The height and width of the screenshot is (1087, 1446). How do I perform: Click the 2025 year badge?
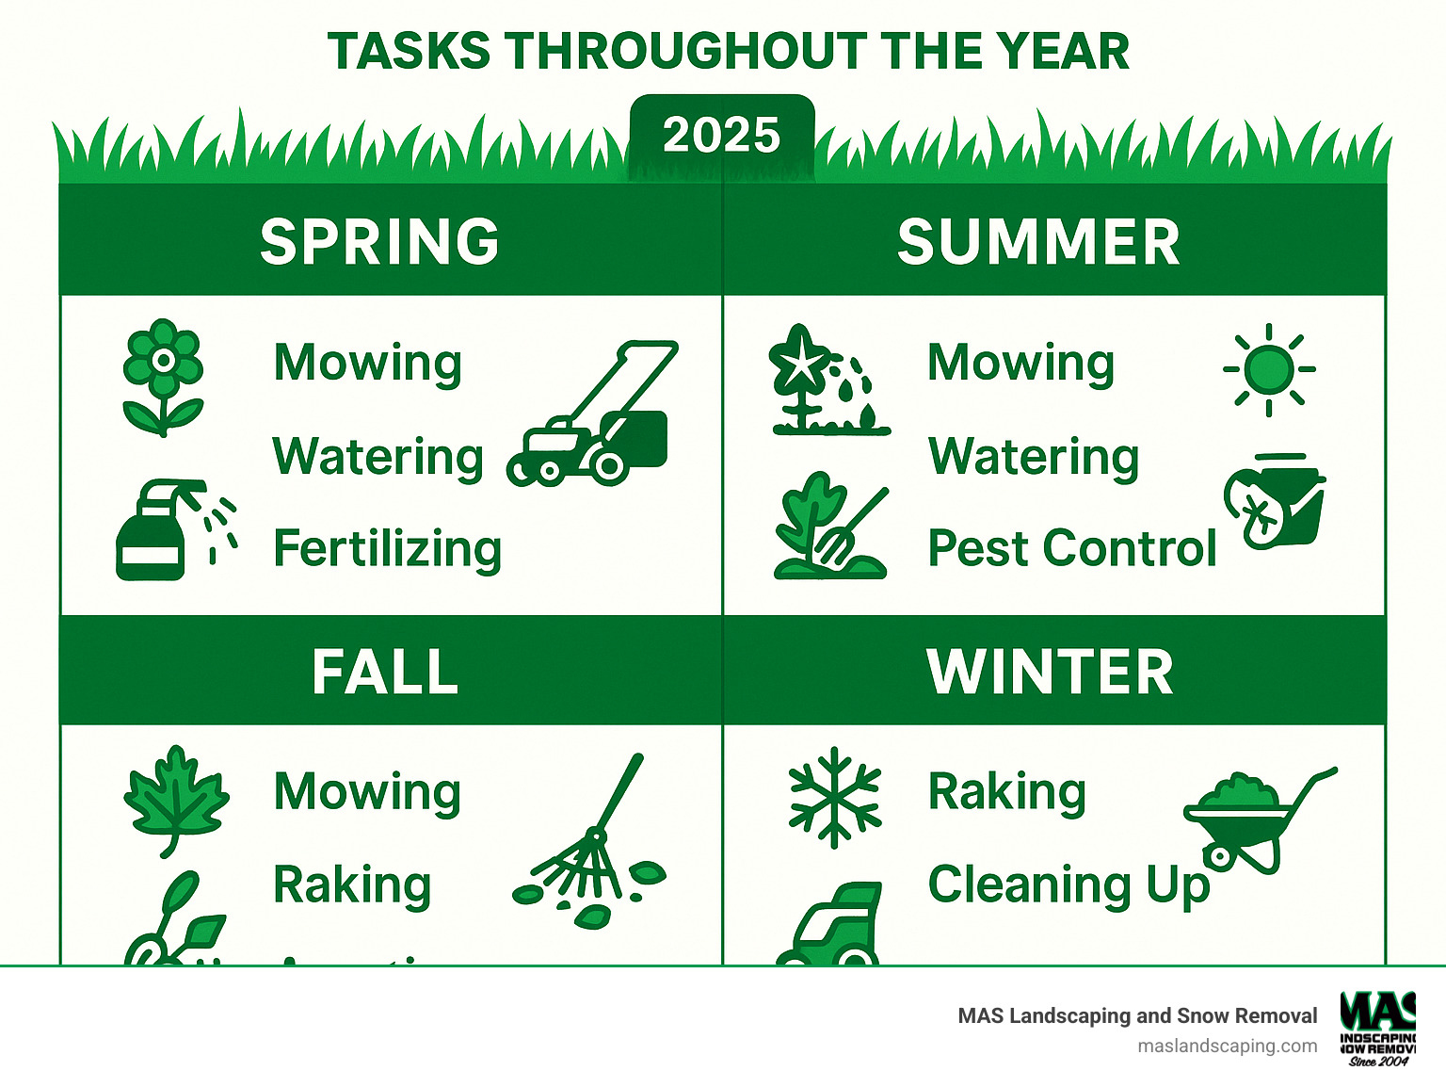(x=721, y=136)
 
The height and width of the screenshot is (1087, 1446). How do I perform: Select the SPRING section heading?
(x=379, y=241)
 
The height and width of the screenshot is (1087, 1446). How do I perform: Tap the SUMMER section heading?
(x=1038, y=241)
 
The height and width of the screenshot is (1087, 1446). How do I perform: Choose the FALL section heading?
(x=385, y=672)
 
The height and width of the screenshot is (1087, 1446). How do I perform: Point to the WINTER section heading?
(x=1050, y=672)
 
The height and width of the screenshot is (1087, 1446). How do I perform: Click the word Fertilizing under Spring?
(x=387, y=549)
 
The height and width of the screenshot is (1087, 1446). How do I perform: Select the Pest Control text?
(x=1071, y=548)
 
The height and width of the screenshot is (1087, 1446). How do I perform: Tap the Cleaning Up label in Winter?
(x=1068, y=885)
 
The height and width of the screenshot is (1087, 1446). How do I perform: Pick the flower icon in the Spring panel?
(x=163, y=376)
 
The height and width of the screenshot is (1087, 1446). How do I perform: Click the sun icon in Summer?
(x=1269, y=369)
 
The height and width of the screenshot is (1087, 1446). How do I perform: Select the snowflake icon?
(x=834, y=797)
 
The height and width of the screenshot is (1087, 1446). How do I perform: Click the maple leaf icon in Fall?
(x=175, y=799)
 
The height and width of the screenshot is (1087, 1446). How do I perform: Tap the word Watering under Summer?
(x=1034, y=458)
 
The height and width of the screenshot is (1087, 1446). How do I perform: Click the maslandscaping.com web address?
(x=1227, y=1046)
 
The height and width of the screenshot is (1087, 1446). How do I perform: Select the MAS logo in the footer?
(x=1377, y=1028)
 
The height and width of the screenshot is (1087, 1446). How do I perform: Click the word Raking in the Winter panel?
(x=1006, y=792)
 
